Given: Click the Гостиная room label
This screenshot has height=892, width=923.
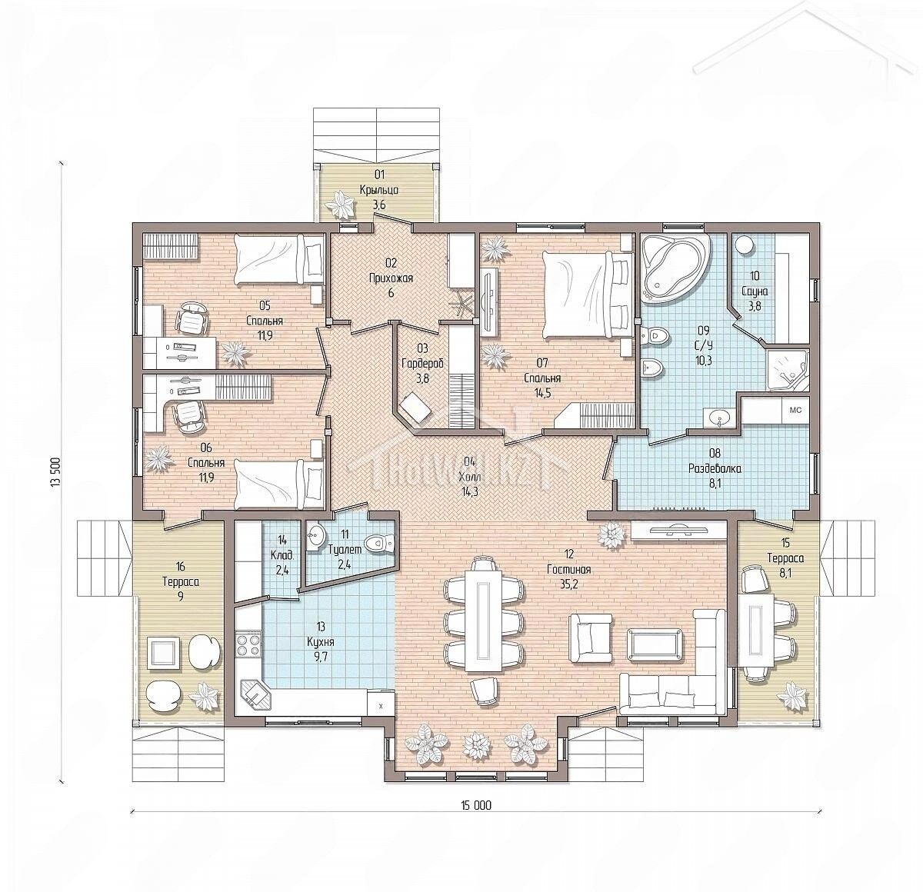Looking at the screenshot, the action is [568, 568].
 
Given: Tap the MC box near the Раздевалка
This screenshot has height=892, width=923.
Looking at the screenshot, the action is [795, 410].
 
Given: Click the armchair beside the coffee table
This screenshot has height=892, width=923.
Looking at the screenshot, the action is [589, 637].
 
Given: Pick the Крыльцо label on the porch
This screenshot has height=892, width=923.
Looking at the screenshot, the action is [378, 190].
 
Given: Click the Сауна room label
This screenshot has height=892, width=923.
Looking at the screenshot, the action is [755, 291].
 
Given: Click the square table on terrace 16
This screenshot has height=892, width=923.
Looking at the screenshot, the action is [163, 654].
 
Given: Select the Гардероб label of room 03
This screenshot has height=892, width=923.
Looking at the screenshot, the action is [422, 364].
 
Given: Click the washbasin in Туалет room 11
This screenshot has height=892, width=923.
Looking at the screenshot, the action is [315, 536].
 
